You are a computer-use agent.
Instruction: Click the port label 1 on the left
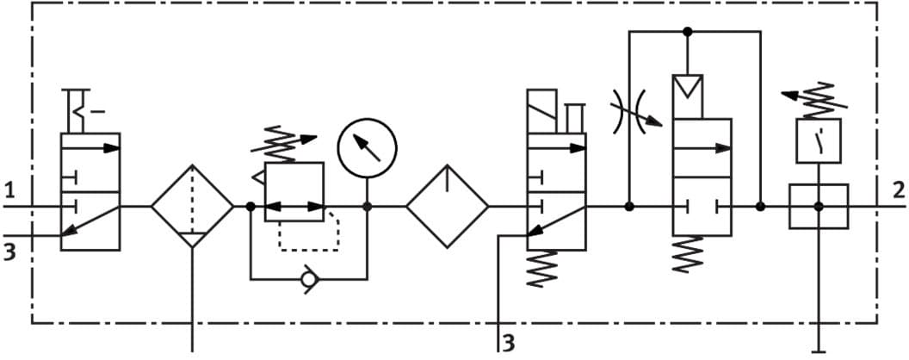9,189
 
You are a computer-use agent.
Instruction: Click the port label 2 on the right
899,190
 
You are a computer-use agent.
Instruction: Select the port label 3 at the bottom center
509,343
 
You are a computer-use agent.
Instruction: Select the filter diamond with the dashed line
192,207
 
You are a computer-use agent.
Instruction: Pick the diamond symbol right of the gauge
448,207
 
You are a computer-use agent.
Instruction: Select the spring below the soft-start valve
688,255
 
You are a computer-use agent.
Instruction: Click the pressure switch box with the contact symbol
819,141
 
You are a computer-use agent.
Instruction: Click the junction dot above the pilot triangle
687,32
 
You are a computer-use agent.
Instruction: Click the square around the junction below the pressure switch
819,207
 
